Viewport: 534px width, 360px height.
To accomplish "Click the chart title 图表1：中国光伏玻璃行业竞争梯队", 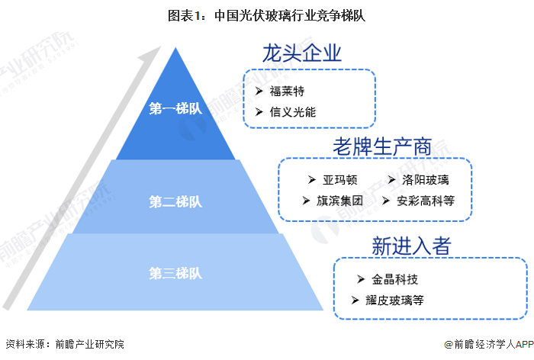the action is [x=267, y=16].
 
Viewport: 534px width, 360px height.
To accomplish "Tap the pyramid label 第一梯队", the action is [x=175, y=108].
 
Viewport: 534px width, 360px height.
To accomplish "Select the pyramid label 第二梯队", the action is [x=175, y=201].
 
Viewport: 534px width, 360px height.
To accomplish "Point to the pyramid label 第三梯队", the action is [x=175, y=273].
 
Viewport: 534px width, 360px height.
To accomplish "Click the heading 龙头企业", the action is [x=302, y=53].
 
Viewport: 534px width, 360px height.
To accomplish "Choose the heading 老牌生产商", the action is [x=382, y=146].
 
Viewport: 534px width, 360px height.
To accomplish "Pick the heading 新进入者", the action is [x=411, y=246].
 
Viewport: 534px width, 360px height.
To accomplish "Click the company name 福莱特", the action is [x=287, y=91].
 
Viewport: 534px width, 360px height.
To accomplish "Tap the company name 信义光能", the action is [x=293, y=111].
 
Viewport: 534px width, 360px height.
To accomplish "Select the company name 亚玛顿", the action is [x=340, y=179].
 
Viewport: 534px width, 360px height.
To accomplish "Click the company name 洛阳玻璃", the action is [x=426, y=179].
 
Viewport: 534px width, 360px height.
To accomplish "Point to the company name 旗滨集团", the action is [x=339, y=201].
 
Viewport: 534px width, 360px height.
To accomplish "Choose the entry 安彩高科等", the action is [x=426, y=201].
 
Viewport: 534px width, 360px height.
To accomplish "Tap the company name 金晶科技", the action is [x=394, y=279].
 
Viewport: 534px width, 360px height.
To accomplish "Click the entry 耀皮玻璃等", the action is [x=394, y=300].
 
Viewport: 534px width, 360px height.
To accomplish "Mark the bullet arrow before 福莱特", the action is [x=259, y=91].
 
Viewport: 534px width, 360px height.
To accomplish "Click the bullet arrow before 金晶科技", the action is [x=361, y=279].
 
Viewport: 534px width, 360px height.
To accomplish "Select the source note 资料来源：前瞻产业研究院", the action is [x=65, y=344].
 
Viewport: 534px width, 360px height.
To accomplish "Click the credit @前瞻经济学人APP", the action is [x=489, y=344].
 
